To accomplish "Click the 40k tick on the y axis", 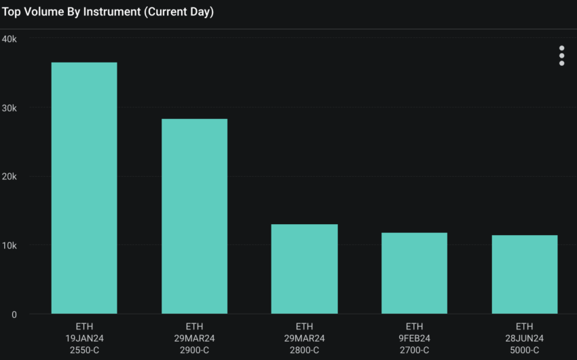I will [x=10, y=39].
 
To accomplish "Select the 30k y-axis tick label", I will [x=10, y=108].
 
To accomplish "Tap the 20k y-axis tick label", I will [x=10, y=177].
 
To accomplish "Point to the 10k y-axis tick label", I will [x=10, y=245].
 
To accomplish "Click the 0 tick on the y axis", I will [x=14, y=314].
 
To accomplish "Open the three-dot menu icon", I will [x=561, y=56].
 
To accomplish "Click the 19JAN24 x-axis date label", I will [x=84, y=338].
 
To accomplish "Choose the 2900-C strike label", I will [x=194, y=350].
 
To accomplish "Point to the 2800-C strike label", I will [x=304, y=350].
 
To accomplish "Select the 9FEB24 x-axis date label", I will [x=414, y=338].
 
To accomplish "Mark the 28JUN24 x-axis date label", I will [x=524, y=338].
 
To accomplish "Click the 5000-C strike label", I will [x=524, y=350].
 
